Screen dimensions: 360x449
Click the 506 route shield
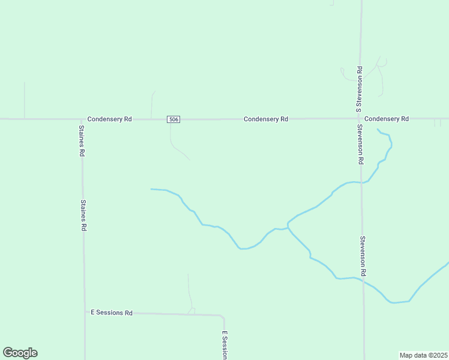coord(173,119)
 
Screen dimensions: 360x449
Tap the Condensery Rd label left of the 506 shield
coord(109,119)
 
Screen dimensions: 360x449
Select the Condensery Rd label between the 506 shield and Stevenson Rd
coord(266,119)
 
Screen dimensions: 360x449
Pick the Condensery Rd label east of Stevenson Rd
coord(386,119)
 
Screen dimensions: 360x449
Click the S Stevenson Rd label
coord(358,89)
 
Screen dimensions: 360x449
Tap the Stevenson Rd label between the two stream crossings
coord(363,252)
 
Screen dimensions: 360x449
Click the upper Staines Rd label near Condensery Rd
coord(82,141)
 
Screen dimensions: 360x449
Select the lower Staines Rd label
coord(84,215)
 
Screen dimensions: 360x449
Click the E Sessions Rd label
coord(112,313)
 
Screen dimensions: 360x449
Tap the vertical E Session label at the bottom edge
coord(225,345)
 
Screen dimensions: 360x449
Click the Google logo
coord(20,353)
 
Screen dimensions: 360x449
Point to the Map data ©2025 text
coord(423,355)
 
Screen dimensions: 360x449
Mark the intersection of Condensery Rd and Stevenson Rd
coord(361,119)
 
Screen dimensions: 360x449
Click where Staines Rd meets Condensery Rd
coord(82,119)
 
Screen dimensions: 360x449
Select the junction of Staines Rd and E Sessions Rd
coord(84,313)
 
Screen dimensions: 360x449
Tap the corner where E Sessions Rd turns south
coord(223,316)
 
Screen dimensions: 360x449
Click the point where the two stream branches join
coord(288,226)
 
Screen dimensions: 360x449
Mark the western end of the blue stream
coord(151,189)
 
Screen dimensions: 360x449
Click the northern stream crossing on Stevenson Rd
coord(361,182)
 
